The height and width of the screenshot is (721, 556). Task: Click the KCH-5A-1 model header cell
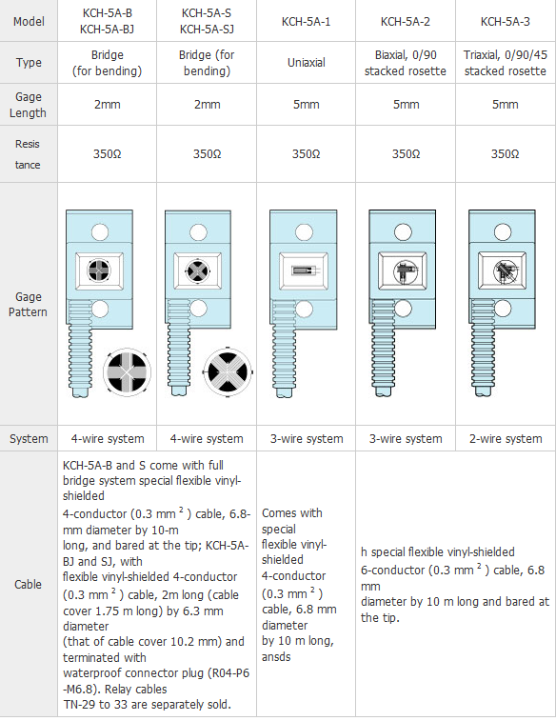coord(306,22)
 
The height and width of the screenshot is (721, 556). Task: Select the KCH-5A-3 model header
coord(505,22)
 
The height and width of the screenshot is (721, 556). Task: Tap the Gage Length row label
coord(28,105)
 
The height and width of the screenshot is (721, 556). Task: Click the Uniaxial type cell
coord(306,63)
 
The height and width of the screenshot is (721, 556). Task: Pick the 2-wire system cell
coord(506,439)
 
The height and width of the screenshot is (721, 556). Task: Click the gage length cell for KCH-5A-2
coord(406,105)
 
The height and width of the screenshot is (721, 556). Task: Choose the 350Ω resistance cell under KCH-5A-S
coord(207,153)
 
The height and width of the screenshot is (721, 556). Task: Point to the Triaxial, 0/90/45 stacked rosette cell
coord(505,63)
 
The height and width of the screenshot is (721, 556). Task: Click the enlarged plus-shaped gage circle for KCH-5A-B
coord(127,372)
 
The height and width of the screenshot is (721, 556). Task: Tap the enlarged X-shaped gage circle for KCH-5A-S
coord(228,372)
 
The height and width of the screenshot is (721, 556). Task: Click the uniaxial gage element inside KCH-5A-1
coord(304,270)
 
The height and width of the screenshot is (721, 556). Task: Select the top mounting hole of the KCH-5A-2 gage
coord(403,232)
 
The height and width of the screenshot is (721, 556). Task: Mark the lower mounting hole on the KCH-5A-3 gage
coord(503,308)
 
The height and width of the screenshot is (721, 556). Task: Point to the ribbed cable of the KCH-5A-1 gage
coord(282,349)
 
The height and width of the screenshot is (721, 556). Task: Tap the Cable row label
coord(28,585)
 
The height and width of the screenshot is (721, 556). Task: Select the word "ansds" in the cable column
coord(276,656)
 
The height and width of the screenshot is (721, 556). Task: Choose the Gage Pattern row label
coord(28,305)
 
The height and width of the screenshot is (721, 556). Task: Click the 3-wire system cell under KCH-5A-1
coord(307,439)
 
